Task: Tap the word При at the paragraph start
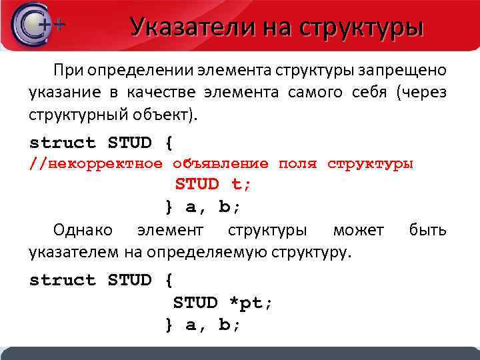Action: click(69, 71)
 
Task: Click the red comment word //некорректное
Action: click(95, 163)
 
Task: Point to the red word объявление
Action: click(221, 163)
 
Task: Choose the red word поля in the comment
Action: click(298, 163)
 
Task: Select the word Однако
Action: click(83, 231)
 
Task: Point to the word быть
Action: click(428, 231)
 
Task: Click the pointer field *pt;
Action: click(251, 303)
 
